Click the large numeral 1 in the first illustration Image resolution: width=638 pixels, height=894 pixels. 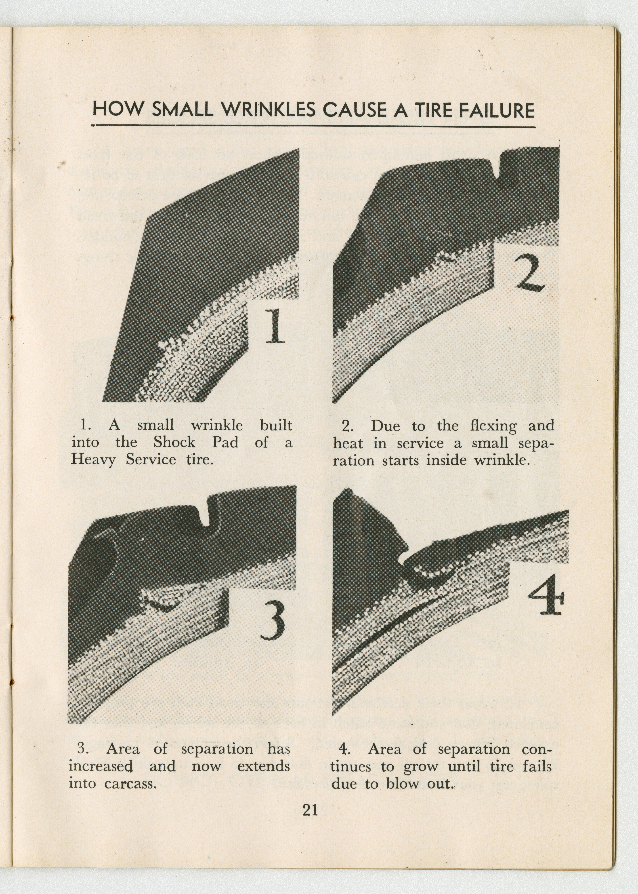point(274,326)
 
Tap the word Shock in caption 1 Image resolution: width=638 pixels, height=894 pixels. point(174,443)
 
